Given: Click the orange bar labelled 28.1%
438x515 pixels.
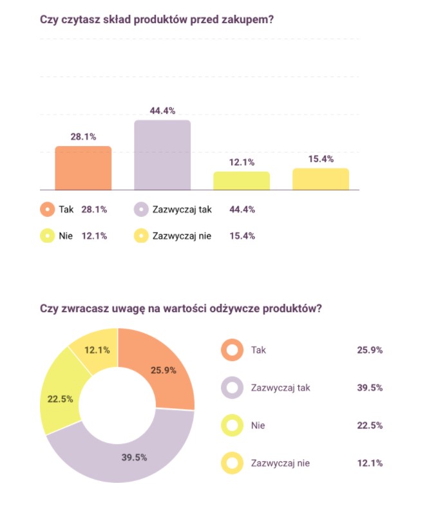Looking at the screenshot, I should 83,168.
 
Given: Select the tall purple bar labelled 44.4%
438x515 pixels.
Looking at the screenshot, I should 162,155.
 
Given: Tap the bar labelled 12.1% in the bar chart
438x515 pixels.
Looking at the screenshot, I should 242,181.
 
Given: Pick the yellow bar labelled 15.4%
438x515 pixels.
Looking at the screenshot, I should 321,179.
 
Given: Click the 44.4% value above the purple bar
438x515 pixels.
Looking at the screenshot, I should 162,111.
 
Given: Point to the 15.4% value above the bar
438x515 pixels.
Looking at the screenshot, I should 321,159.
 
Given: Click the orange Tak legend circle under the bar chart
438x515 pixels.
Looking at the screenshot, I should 47,209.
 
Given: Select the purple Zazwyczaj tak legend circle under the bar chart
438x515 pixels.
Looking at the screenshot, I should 141,209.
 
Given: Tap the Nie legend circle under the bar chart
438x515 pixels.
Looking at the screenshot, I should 47,236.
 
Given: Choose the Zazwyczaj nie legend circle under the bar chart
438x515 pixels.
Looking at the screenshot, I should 141,236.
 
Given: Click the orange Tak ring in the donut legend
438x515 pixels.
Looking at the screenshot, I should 231,350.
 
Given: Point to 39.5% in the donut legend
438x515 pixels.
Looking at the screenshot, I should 370,388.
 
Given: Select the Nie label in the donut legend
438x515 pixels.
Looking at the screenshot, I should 258,426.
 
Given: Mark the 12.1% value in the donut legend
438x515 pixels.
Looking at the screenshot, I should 370,463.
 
